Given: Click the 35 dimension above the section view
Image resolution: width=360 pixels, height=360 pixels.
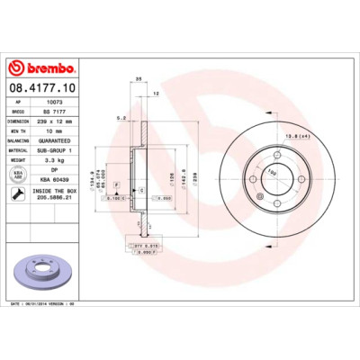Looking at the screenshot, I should coord(139,78).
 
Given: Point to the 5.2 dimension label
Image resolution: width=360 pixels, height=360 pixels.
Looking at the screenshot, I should coord(120,117).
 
